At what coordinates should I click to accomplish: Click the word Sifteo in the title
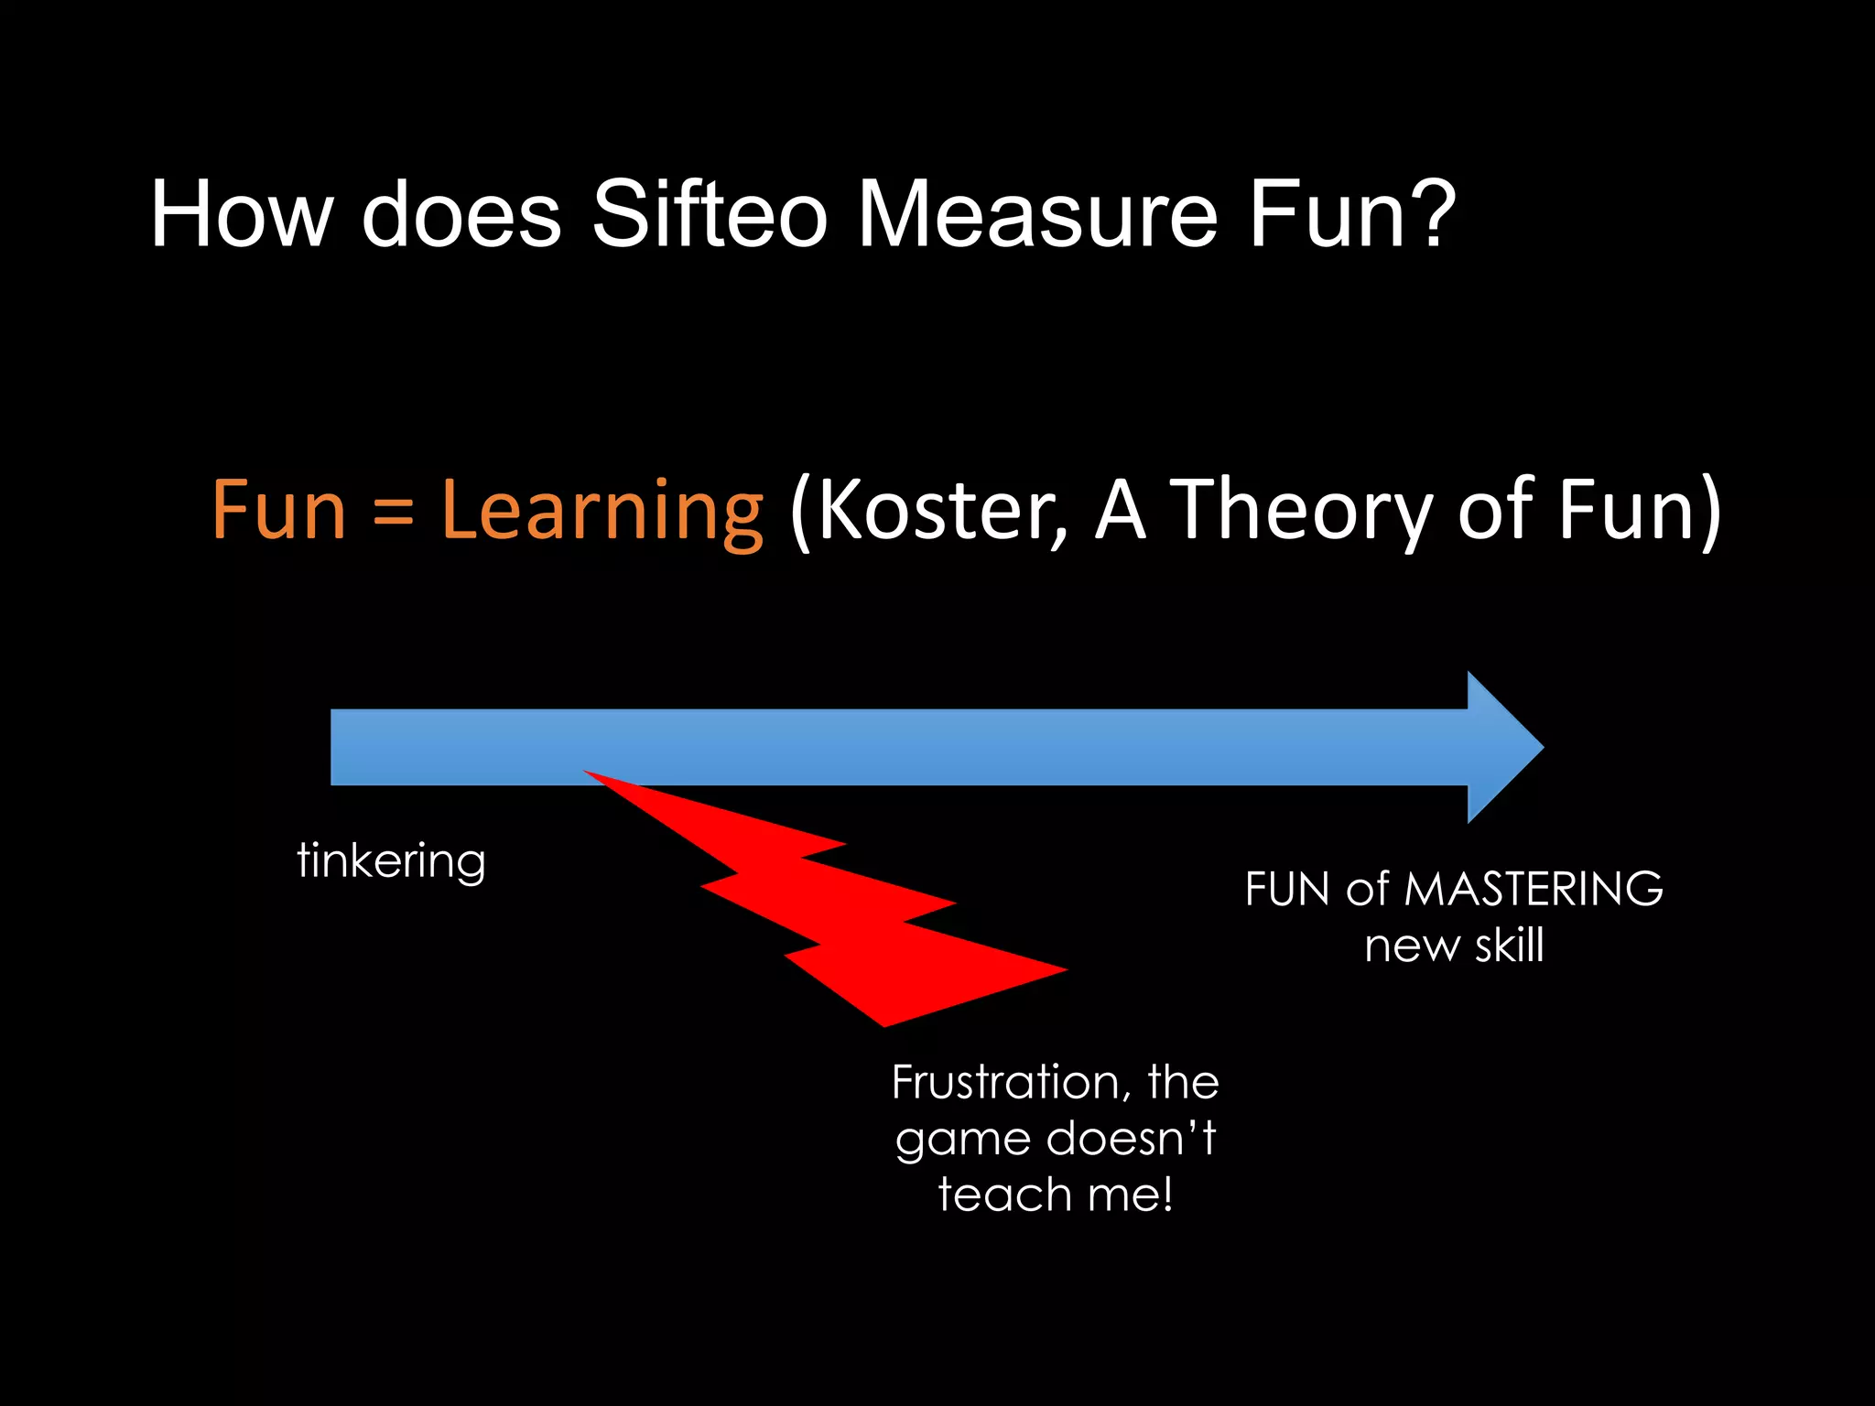tap(710, 213)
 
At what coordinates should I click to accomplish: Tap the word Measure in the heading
tap(1037, 213)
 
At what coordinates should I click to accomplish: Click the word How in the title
tap(242, 213)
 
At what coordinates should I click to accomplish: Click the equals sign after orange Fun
tap(394, 513)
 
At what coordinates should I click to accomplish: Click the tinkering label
tap(391, 861)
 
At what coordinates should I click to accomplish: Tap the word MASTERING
tap(1534, 889)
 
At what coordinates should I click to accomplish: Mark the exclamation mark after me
tap(1166, 1195)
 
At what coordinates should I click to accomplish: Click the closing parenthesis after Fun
tap(1709, 513)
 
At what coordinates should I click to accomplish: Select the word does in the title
tap(461, 213)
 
